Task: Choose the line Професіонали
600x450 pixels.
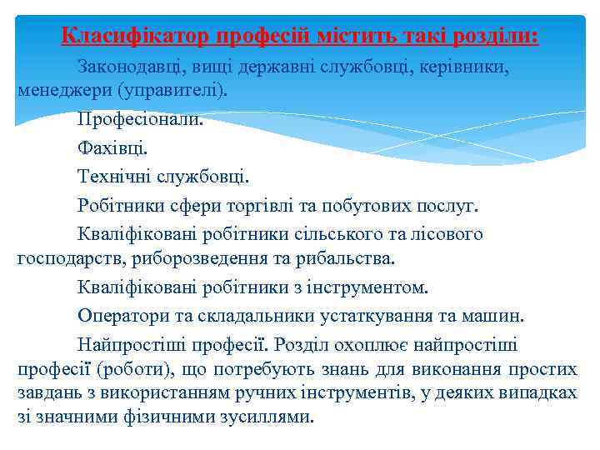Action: pos(139,118)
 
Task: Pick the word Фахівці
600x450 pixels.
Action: pos(112,147)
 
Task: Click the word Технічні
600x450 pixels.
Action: pos(112,177)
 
